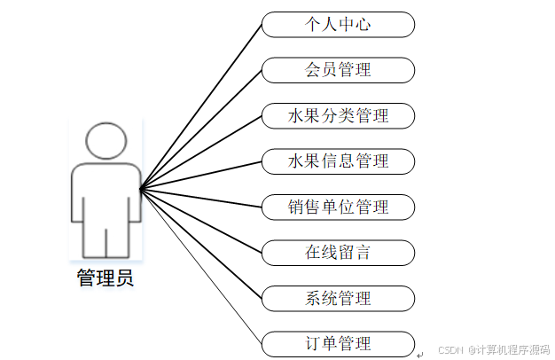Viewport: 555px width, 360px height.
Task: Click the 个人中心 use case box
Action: tap(338, 25)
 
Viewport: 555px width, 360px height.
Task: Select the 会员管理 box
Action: tap(338, 70)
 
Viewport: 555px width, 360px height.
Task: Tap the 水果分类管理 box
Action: tap(338, 116)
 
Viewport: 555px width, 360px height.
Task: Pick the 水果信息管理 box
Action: tap(338, 161)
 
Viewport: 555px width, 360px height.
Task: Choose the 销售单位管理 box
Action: tap(338, 207)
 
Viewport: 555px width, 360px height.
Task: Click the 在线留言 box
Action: tap(338, 253)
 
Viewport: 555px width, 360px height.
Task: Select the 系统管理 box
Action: tap(338, 299)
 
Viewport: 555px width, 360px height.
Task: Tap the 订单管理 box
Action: tap(338, 344)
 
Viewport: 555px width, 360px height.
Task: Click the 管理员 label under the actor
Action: tap(106, 278)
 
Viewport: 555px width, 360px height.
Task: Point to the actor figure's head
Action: tap(106, 141)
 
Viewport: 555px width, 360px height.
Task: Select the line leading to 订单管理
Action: tap(201, 267)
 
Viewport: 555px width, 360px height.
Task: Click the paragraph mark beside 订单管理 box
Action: tap(420, 354)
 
